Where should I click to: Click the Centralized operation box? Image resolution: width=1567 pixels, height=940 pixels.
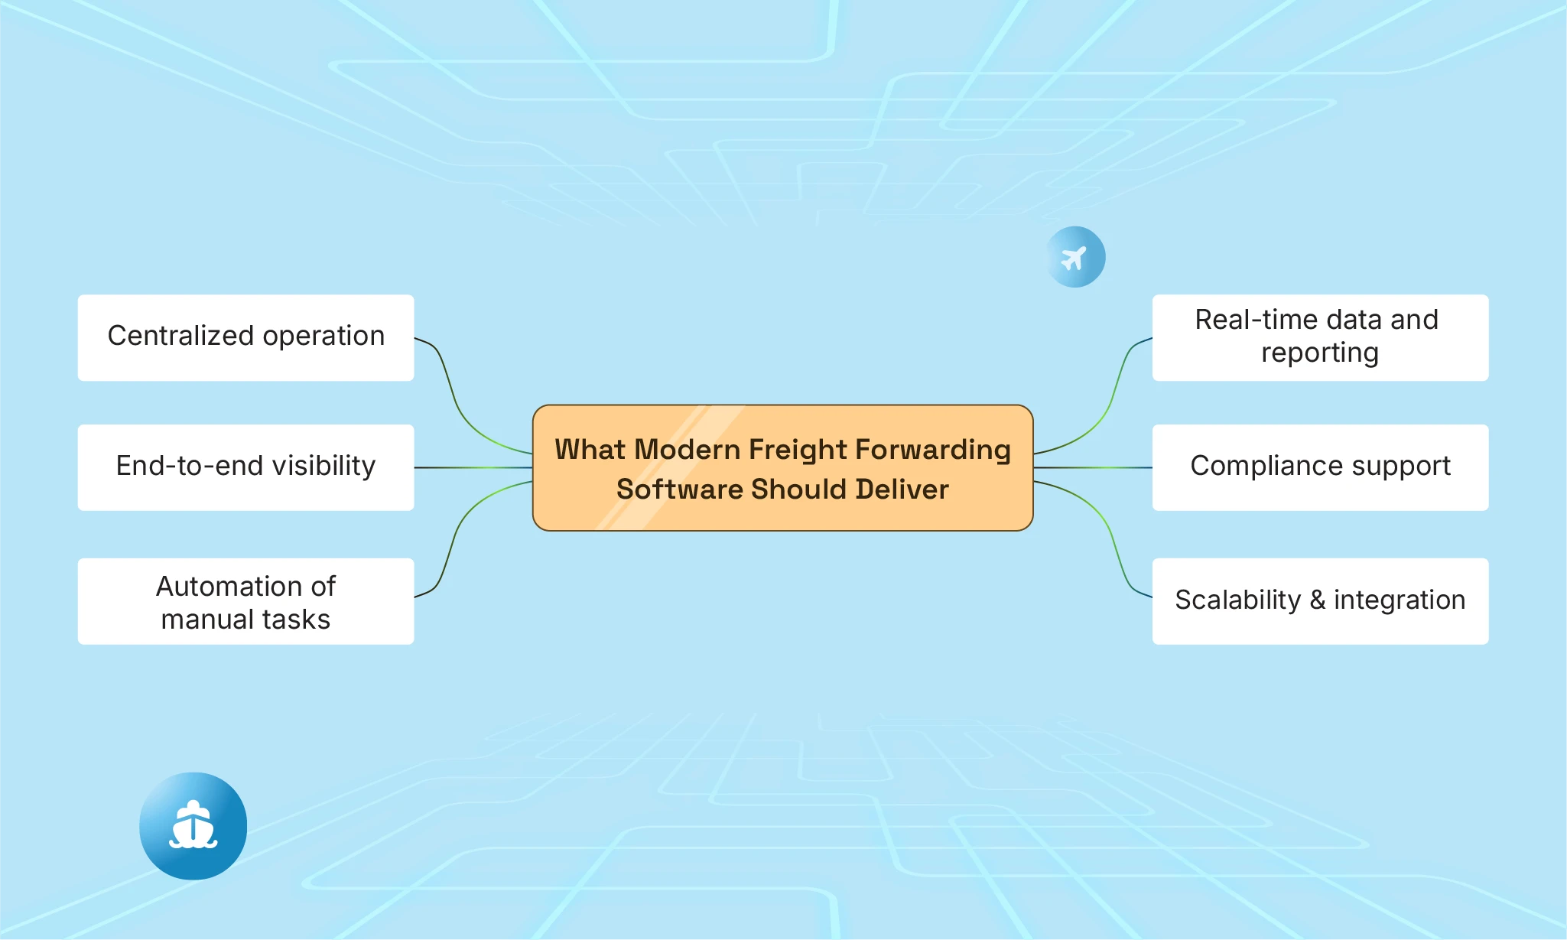click(245, 337)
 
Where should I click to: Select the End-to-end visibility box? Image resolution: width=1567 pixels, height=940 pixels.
click(245, 467)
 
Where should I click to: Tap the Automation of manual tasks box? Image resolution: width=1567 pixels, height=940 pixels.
click(245, 601)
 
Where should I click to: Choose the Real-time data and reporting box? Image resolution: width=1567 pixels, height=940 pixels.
click(1320, 337)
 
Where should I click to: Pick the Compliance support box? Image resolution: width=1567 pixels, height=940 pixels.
click(1320, 467)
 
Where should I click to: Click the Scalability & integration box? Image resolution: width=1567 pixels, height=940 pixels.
click(1320, 601)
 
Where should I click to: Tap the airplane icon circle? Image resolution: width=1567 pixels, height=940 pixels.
click(1075, 257)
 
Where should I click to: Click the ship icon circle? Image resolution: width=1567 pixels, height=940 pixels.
click(193, 826)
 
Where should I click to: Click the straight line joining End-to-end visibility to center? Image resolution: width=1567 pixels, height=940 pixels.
click(473, 467)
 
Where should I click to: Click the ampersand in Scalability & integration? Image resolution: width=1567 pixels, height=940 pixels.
click(1317, 600)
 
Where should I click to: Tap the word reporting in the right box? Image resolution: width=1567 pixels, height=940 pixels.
click(1320, 353)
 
